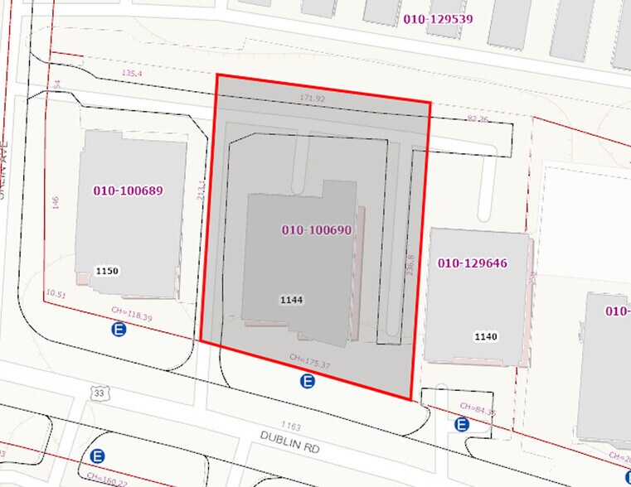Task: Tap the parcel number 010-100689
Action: coord(128,190)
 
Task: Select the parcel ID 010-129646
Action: coord(472,263)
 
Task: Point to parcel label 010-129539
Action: coord(438,17)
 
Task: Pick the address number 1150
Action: coord(107,271)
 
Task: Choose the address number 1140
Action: coord(486,336)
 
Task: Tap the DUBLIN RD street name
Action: coord(289,441)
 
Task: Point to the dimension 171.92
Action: coord(313,99)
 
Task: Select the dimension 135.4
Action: coord(131,74)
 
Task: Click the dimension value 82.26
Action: coord(478,119)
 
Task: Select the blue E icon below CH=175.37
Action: coord(308,382)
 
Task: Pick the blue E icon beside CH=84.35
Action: coord(462,424)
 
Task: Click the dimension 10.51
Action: coord(56,293)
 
